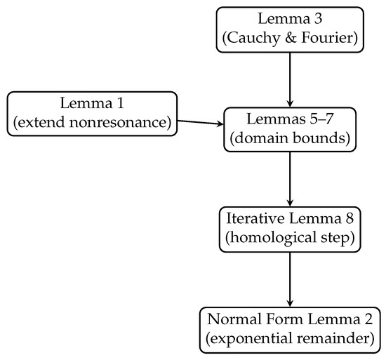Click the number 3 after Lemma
(x=318, y=19)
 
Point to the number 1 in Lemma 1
(x=120, y=103)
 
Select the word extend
(x=42, y=122)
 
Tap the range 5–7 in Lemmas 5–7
(x=321, y=119)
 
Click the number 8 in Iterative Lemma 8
(x=350, y=218)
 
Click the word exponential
(x=251, y=339)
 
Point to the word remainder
(x=333, y=338)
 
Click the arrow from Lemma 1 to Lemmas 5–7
(x=201, y=122)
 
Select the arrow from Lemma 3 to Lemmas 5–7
(x=290, y=80)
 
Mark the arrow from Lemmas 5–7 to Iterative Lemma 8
(x=290, y=179)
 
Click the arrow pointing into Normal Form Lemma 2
(x=290, y=279)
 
